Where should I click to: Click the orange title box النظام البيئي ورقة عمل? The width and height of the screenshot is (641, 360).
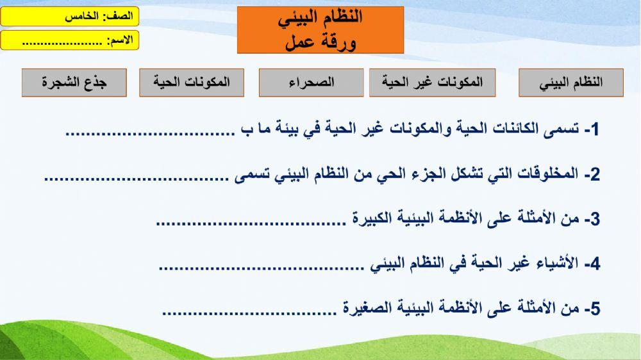(x=320, y=29)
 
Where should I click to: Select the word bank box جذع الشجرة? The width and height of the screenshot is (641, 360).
(x=74, y=83)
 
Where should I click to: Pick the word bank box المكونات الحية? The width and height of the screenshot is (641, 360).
(x=192, y=83)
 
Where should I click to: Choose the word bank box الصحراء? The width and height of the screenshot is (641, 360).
(x=311, y=83)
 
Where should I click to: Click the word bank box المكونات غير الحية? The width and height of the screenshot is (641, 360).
(x=432, y=83)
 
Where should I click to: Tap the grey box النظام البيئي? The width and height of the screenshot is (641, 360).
(x=570, y=83)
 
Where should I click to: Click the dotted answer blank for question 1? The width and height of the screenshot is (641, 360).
(x=150, y=133)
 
